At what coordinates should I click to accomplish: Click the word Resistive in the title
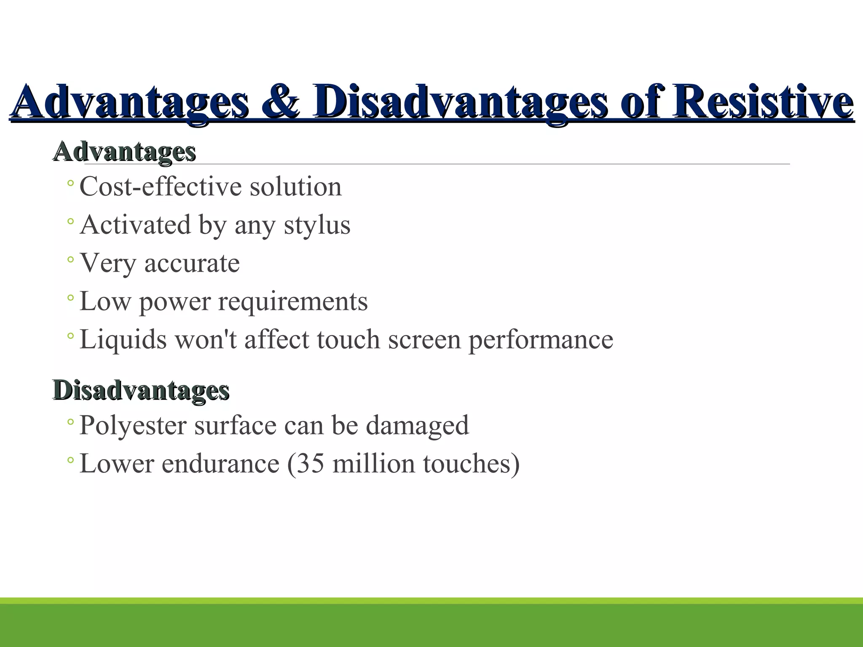(763, 102)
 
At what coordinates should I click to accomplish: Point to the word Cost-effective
(161, 187)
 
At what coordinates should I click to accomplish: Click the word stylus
(317, 225)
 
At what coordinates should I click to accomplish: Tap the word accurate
(192, 263)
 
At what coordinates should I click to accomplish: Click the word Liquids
(123, 340)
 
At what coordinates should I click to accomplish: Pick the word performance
(541, 340)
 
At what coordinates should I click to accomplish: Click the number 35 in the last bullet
(311, 463)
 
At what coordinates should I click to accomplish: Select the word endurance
(220, 463)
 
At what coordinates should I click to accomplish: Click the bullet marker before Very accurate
(70, 259)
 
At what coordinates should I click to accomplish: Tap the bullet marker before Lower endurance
(70, 460)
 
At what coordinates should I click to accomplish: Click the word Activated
(135, 225)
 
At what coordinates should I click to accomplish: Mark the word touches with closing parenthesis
(471, 463)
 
